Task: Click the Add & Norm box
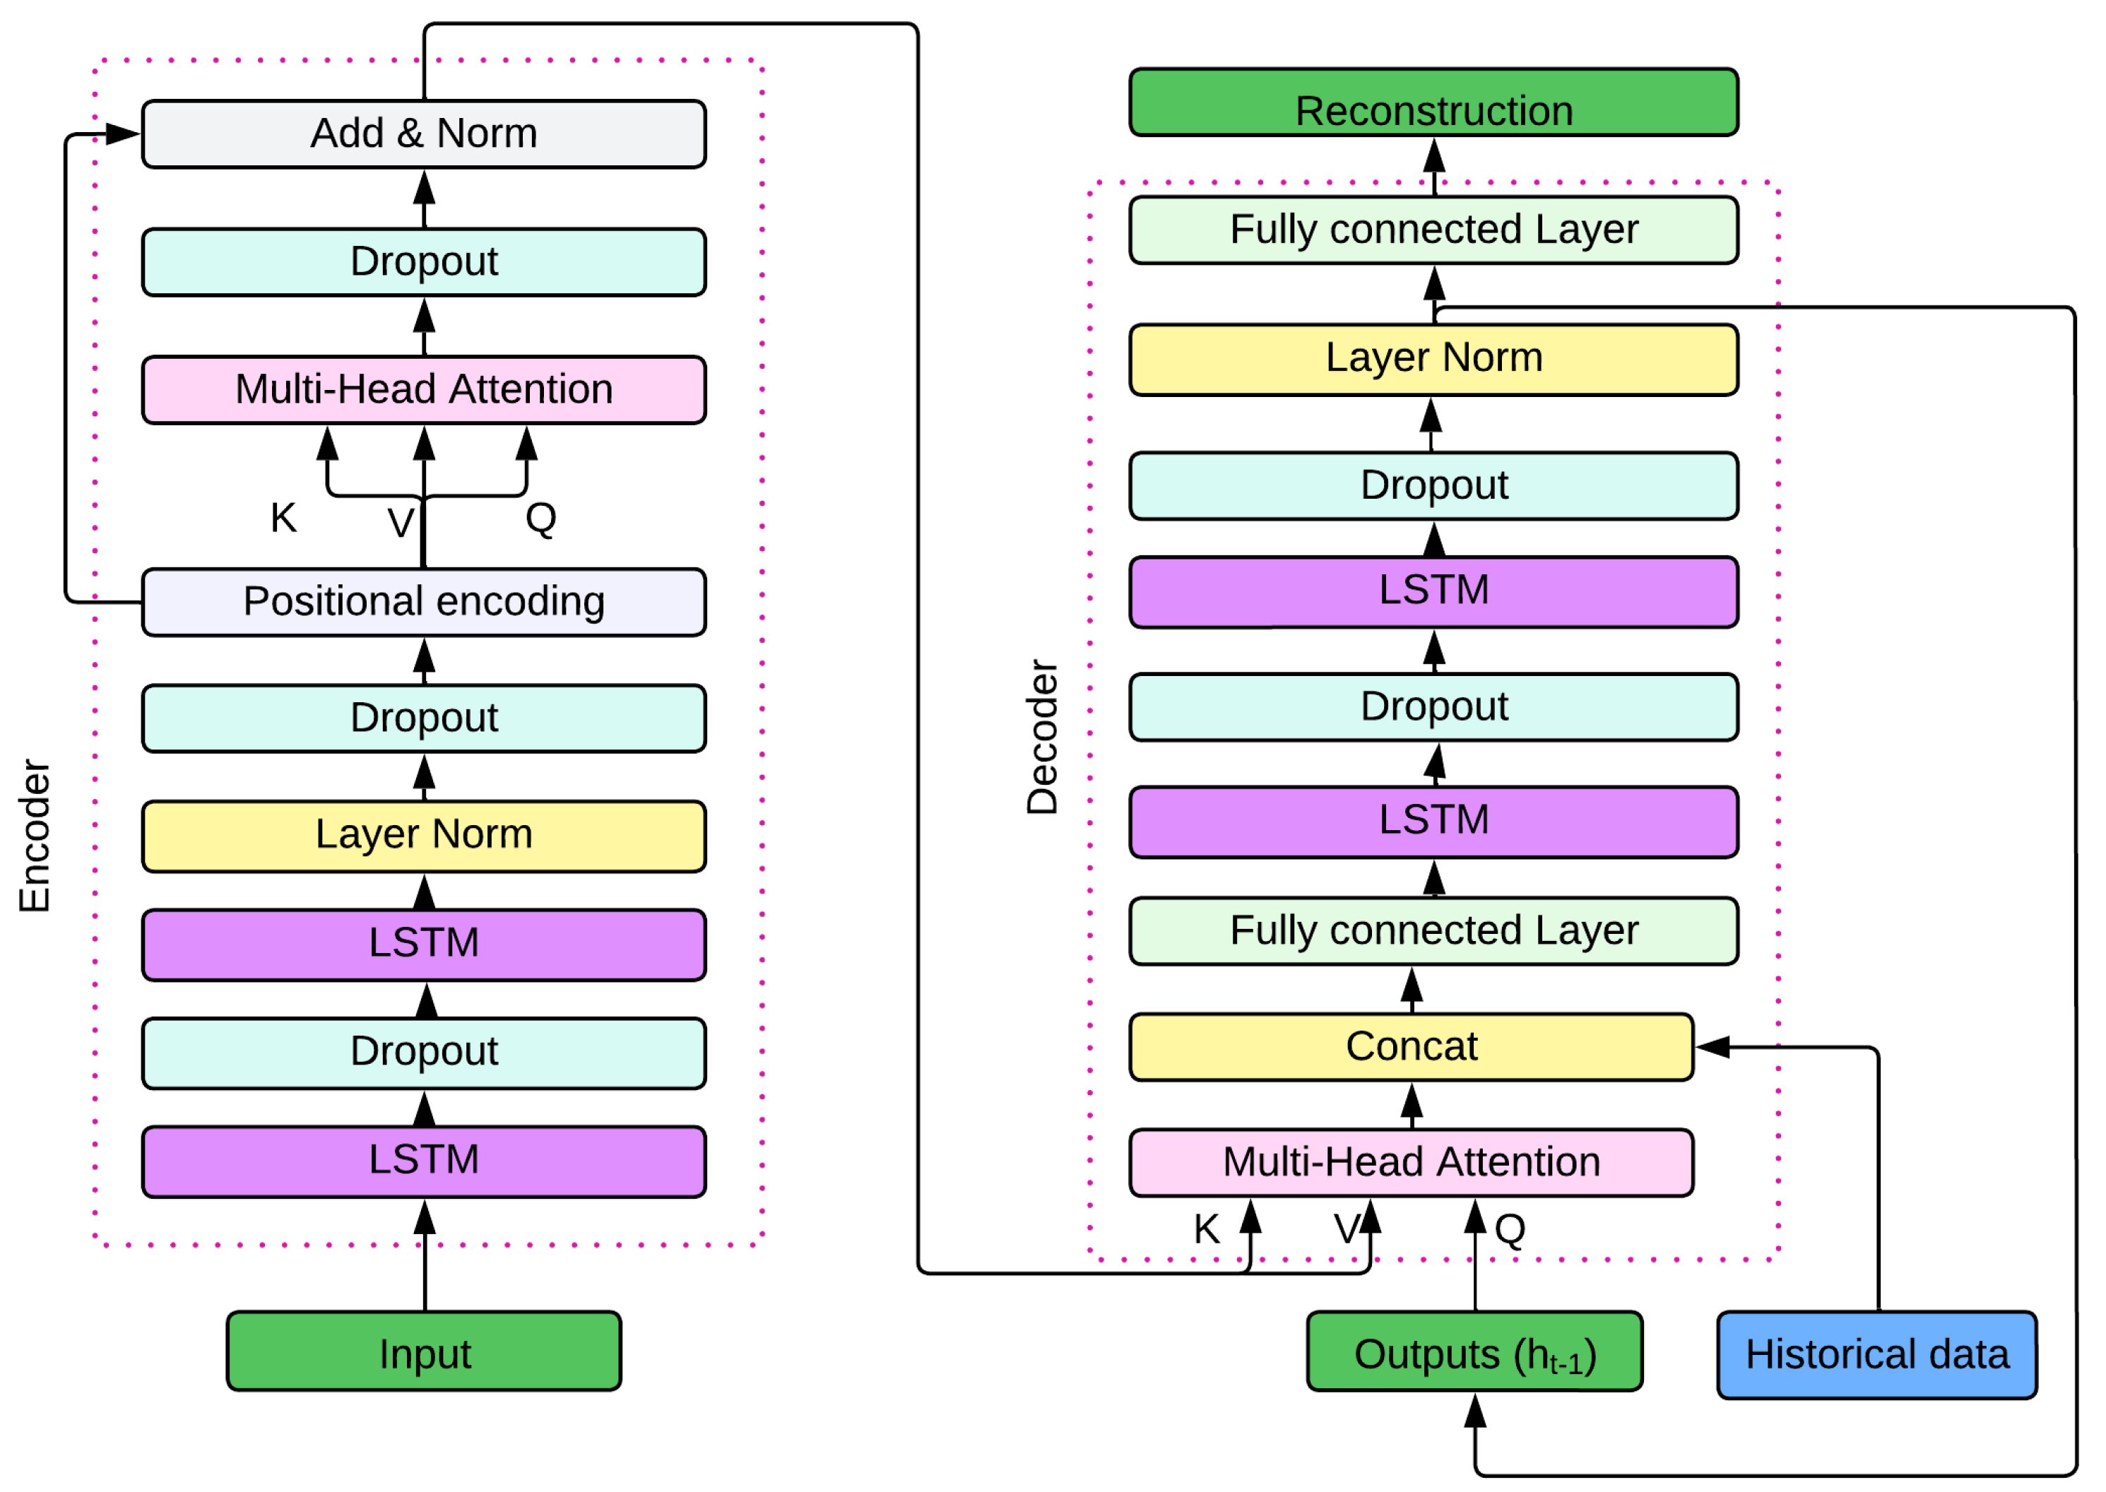click(424, 134)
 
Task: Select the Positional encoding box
click(424, 602)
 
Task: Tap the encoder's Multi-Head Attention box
click(424, 389)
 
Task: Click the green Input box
click(424, 1351)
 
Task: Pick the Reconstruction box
click(1433, 103)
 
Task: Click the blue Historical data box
click(1876, 1355)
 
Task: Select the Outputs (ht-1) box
click(1473, 1351)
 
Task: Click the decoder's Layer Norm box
click(1433, 359)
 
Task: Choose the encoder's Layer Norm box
click(424, 835)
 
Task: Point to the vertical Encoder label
click(35, 835)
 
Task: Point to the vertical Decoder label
click(1042, 737)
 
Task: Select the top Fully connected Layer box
click(1433, 230)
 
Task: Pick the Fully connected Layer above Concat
click(1433, 930)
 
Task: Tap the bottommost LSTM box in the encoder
click(424, 1161)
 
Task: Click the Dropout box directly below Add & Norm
click(424, 262)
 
